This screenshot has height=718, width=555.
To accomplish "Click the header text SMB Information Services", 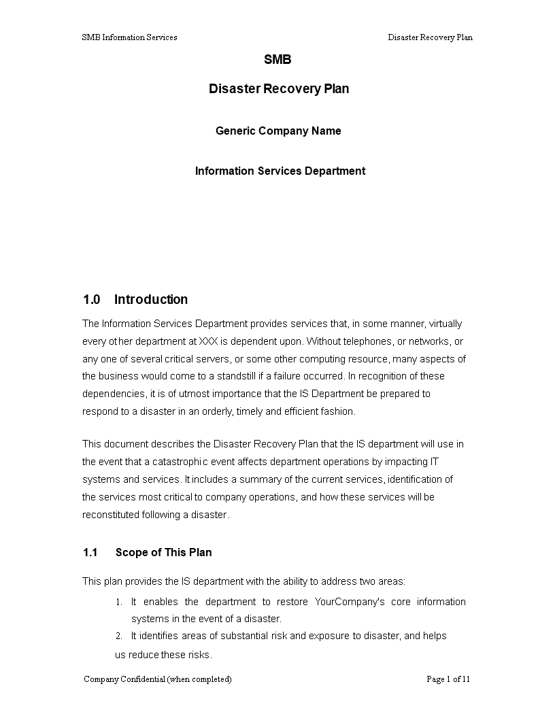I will (129, 37).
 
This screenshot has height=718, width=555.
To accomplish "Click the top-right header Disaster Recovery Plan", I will (430, 37).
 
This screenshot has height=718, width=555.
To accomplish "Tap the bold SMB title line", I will (277, 60).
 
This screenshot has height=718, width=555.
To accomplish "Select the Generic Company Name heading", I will (278, 131).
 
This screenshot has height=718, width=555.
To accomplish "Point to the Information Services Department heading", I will (280, 171).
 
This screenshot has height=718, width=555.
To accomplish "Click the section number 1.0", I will (92, 300).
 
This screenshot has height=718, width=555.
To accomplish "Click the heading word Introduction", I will (151, 300).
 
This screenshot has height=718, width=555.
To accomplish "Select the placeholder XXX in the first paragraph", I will (209, 341).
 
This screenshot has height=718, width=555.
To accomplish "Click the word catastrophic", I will (158, 462).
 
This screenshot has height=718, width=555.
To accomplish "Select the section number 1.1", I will (91, 552).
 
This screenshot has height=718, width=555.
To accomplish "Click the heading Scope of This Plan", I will (163, 552).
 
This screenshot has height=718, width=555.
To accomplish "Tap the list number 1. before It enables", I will (118, 602).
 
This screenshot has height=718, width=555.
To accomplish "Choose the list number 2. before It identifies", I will (118, 636).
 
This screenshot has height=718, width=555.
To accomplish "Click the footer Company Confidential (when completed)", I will (157, 679).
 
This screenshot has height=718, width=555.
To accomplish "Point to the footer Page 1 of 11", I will (448, 679).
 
